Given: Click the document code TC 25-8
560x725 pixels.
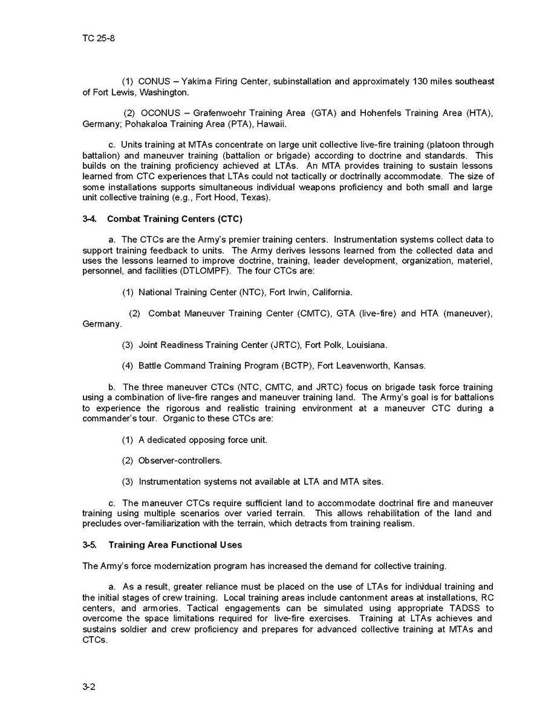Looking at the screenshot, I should coord(99,39).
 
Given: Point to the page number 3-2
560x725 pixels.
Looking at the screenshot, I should coord(89,687).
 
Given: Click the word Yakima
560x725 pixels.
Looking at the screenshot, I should coord(197,81).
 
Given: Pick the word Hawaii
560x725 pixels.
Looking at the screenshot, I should coord(271,124).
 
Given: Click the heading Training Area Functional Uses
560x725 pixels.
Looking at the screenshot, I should coord(175,545).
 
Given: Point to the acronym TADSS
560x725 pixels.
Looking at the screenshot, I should coord(480,608).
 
